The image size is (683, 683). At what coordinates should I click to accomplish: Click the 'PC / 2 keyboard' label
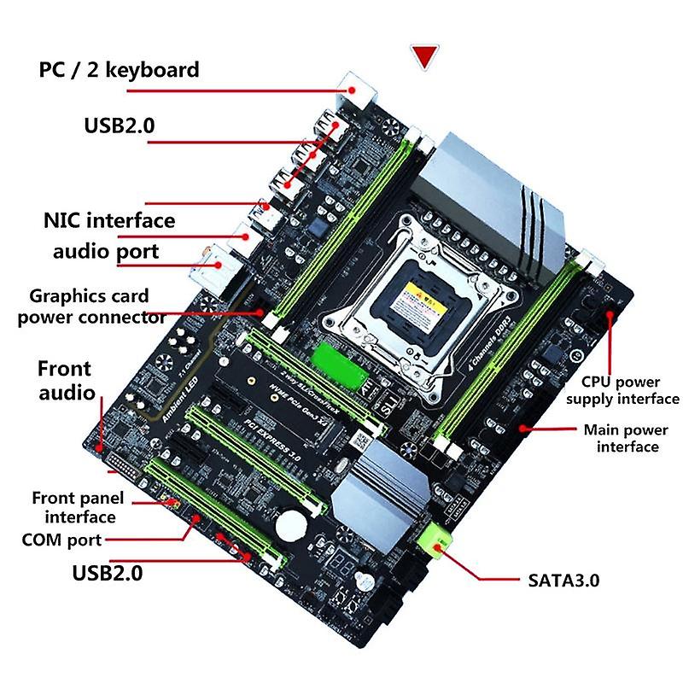coord(119,69)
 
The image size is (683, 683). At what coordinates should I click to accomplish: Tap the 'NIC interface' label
coord(109,220)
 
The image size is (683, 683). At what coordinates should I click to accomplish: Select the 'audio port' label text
coord(106,252)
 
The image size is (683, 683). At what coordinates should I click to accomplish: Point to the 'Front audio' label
coord(65,381)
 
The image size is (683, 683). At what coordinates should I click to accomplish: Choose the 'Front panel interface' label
coord(78,507)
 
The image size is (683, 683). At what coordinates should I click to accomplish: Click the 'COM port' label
coord(62,540)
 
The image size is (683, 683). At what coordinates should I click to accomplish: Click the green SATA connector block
coord(435,540)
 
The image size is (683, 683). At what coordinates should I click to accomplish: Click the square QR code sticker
coord(361,442)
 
